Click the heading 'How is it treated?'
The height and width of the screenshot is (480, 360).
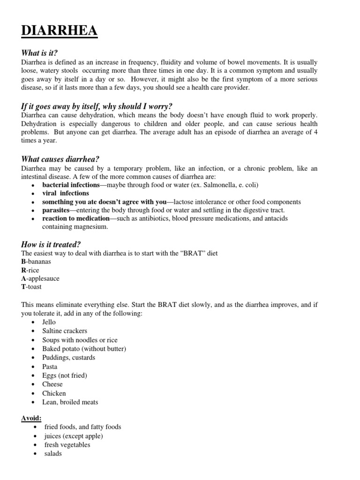51,244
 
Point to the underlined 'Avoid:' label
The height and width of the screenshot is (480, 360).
31,418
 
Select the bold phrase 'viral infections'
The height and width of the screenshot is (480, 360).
66,193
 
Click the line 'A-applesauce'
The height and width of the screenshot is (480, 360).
40,278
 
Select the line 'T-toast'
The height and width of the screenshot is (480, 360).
31,287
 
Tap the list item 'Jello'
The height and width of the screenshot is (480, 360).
49,322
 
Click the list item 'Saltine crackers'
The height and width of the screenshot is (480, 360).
65,331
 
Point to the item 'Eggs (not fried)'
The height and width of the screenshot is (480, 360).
65,375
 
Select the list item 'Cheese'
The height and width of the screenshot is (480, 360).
52,384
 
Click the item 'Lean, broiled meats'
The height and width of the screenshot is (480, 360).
70,402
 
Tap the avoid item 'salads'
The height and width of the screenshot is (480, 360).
53,454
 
